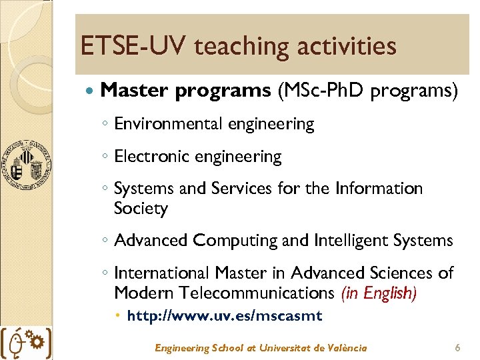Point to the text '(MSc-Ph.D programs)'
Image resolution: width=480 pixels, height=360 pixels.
coord(367,90)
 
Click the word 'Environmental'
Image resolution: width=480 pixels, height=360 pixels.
coord(169,124)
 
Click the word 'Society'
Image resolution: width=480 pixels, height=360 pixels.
coord(141,209)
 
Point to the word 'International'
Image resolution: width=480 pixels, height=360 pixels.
coord(162,273)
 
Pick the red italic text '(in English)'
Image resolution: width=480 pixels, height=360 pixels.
coord(379,293)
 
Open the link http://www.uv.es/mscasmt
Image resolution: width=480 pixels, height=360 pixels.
coord(224,316)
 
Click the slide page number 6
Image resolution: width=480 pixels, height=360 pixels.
coord(457,347)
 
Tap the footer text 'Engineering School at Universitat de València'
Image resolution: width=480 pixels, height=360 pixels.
coord(261,347)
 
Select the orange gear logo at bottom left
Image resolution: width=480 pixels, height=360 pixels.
coord(38,342)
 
